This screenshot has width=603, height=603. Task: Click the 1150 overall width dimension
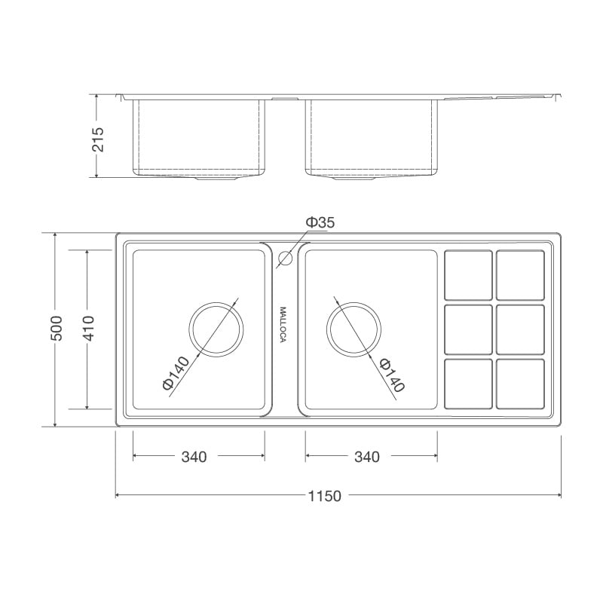325,496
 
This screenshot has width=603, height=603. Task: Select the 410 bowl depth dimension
88,329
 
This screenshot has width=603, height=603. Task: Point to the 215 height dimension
98,136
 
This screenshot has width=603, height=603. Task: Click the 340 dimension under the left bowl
194,457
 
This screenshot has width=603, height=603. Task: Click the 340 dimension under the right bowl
366,457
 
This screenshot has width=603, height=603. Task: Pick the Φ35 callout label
320,222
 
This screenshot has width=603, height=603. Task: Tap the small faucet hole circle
284,259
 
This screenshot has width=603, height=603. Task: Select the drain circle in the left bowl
217,329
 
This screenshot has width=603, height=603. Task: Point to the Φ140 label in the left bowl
175,373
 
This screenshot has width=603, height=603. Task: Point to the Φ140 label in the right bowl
392,375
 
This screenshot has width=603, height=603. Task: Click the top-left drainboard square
468,275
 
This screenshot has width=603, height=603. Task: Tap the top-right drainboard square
520,275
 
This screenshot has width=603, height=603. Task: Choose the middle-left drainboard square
468,329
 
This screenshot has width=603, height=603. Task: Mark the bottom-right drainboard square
520,384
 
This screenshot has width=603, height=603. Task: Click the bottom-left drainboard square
468,384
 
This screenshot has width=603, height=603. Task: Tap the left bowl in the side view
199,136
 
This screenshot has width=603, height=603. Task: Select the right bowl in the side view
372,136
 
